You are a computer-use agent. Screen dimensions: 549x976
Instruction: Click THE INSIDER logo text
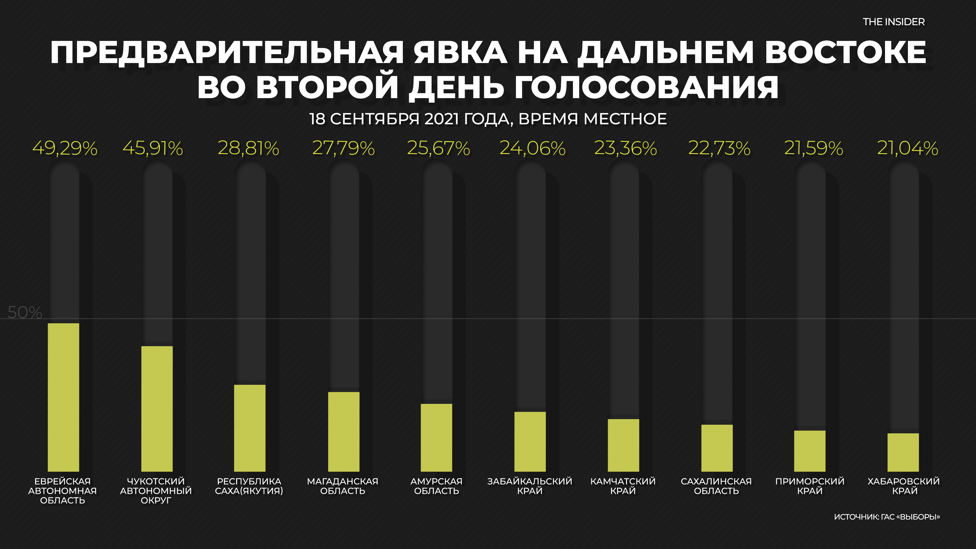pyautogui.click(x=893, y=22)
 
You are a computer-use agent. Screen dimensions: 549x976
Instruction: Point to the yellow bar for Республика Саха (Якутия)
pyautogui.click(x=250, y=428)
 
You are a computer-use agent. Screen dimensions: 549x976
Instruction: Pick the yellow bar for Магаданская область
pyautogui.click(x=344, y=432)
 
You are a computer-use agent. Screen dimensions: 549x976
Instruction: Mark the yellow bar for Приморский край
pyautogui.click(x=810, y=451)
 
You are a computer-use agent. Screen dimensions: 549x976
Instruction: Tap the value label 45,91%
pyautogui.click(x=153, y=148)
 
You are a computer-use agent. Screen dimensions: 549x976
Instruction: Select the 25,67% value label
pyautogui.click(x=438, y=148)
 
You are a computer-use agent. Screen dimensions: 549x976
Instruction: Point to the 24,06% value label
pyautogui.click(x=532, y=148)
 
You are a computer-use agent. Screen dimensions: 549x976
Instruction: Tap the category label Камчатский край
pyautogui.click(x=623, y=486)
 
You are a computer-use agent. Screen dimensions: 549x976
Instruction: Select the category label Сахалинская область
pyautogui.click(x=716, y=486)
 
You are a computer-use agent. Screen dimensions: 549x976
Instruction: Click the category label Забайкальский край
pyautogui.click(x=530, y=486)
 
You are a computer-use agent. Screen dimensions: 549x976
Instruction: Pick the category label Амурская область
pyautogui.click(x=436, y=486)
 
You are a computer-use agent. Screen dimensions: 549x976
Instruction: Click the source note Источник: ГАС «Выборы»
pyautogui.click(x=887, y=517)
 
